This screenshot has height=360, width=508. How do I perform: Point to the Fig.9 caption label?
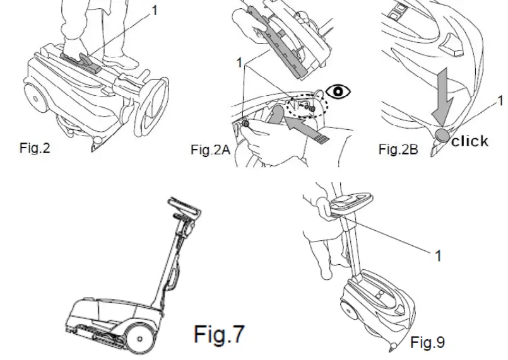pos(427,342)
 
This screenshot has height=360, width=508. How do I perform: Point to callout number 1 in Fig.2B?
pos(500,100)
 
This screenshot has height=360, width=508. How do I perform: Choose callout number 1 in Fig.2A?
pos(239,62)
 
